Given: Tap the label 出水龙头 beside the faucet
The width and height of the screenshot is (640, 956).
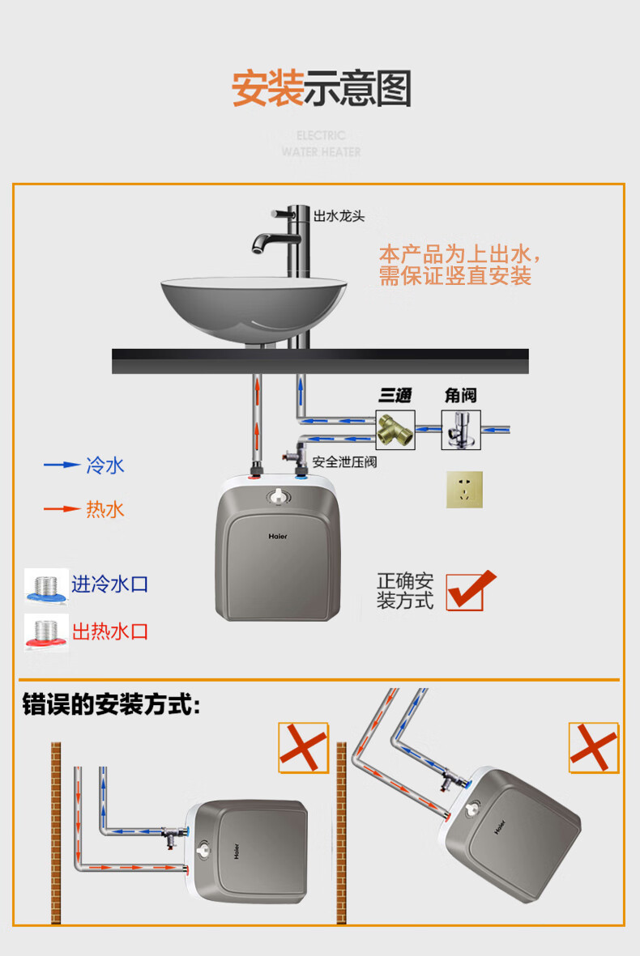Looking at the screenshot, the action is pos(339,216).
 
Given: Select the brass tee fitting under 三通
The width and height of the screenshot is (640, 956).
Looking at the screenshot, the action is pos(395,430).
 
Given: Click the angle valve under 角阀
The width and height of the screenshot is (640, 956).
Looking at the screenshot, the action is pos(461,430).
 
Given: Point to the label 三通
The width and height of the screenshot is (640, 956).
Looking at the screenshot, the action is pos(395,396).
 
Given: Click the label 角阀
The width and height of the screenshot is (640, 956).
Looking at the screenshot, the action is pos(460,396).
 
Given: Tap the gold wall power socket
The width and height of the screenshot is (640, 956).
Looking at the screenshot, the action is pos(464,489).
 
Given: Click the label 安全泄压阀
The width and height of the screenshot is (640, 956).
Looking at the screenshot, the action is pos(345,462).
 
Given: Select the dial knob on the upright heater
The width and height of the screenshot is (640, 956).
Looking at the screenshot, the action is pos(279,496).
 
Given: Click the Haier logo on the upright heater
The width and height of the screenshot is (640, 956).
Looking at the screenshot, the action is pos(278,537).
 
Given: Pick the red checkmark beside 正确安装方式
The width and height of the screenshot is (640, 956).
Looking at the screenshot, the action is pos(471,590).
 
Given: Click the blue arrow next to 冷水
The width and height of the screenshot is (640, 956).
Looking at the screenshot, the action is pos(62,465).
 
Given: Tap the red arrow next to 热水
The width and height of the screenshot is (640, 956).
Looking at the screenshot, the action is pos(62,508).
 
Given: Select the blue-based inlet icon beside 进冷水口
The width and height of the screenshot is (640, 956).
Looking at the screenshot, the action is pos(46,587).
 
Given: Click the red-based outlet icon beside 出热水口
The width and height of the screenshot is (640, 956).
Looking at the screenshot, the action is pos(46,632).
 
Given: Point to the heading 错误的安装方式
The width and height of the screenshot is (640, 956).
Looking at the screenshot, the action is pos(111,704).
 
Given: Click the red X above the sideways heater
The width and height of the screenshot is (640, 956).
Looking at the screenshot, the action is pos(303,747).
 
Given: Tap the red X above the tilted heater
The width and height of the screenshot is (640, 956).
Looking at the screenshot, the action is pos(594,747).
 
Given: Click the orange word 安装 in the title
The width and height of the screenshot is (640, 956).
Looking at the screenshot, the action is pos(267,88).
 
